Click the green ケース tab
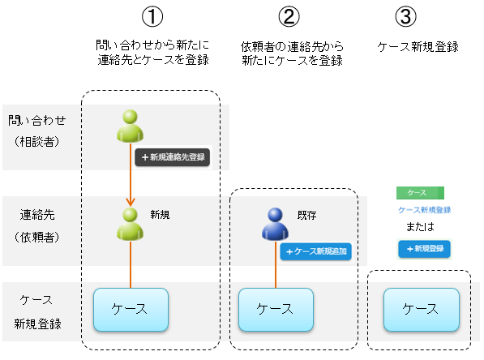tap(420, 193)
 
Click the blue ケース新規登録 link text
tap(424, 209)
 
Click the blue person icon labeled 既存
tap(276, 224)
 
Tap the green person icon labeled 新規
tap(131, 224)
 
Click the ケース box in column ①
tap(131, 309)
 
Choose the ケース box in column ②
tap(275, 309)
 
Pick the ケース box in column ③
tap(420, 309)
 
